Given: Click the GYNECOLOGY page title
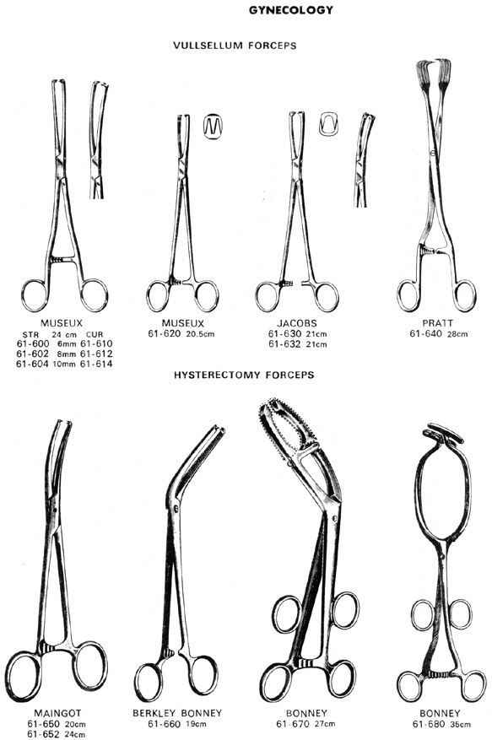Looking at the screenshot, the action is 291,10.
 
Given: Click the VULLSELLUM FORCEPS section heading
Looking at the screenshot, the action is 235,46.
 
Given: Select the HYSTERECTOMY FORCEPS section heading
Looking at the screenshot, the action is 244,375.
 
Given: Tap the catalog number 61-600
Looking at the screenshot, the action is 32,343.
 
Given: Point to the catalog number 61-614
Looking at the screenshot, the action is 96,364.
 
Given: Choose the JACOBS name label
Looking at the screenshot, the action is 297,324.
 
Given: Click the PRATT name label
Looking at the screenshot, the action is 438,323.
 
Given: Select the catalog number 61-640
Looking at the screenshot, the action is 425,333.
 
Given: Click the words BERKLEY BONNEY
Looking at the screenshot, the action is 177,713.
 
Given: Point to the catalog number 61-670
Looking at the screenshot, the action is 292,723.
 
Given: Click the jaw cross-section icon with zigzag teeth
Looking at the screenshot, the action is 213,127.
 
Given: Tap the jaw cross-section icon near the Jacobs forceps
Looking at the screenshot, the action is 328,124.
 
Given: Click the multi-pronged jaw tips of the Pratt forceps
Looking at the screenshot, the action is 433,72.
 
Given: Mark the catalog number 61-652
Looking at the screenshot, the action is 43,734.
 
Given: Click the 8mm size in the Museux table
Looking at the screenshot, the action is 66,354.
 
